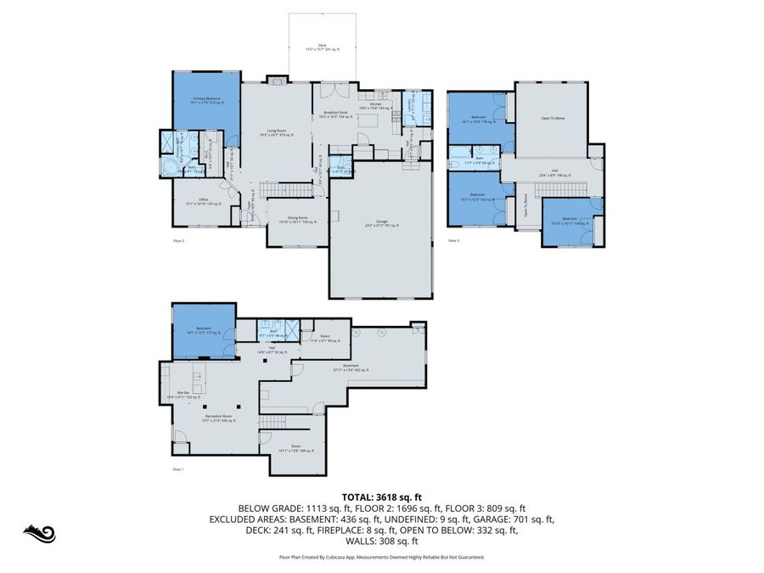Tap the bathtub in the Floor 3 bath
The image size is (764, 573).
(456, 160)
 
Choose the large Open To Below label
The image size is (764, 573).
(553, 118)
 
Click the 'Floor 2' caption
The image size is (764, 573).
(178, 241)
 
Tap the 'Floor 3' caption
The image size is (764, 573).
(453, 241)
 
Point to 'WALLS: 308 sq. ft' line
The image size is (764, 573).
(381, 541)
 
